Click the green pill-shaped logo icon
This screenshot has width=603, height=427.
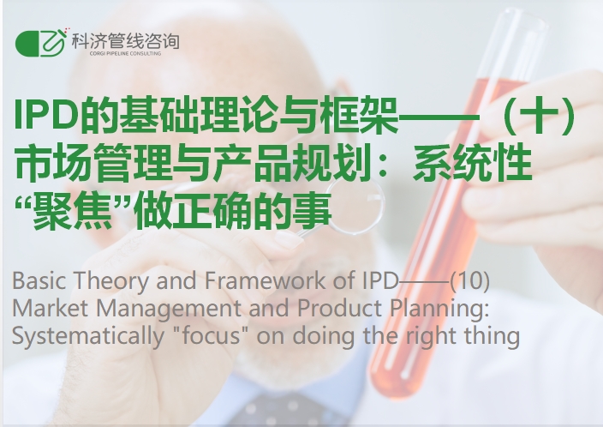coord(40,43)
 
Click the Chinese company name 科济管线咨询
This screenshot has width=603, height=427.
coord(125,41)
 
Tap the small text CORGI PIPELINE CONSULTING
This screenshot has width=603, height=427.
coord(125,53)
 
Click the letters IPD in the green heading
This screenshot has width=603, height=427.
coord(46,115)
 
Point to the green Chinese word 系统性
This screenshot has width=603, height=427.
coord(473,164)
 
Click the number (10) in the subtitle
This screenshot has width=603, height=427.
coord(469,280)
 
